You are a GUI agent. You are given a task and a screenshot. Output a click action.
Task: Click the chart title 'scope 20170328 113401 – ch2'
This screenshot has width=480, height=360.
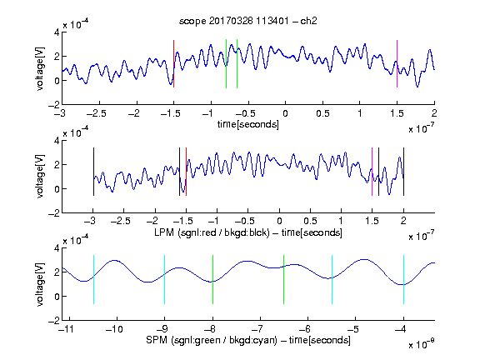[x=248, y=21]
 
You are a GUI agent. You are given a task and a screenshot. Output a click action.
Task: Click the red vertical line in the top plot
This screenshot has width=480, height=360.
[x=173, y=63]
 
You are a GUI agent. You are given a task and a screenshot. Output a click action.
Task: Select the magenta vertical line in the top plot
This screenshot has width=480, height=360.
[x=397, y=63]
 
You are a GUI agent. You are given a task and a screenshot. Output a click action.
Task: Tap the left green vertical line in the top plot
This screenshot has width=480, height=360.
[x=226, y=63]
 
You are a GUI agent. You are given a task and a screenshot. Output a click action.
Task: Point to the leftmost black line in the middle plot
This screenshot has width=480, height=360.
[x=93, y=172]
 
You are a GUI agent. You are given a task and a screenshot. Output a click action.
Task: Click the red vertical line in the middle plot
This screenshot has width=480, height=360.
[x=186, y=172]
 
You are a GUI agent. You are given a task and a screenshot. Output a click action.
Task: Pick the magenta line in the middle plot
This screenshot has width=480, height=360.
[x=372, y=172]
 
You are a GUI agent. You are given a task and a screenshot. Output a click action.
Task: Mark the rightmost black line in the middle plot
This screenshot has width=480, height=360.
[x=403, y=172]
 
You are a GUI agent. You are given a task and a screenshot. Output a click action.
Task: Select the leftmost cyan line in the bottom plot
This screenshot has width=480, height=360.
[x=93, y=279]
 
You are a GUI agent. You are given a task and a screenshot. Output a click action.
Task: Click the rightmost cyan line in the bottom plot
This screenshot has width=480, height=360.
[x=403, y=279]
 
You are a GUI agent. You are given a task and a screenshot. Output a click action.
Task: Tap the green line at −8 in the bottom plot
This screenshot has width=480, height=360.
[x=212, y=279]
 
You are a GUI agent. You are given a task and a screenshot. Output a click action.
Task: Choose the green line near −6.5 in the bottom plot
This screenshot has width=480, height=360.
[x=284, y=279]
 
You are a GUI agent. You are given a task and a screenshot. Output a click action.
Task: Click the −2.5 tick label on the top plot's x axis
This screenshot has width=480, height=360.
[x=96, y=113]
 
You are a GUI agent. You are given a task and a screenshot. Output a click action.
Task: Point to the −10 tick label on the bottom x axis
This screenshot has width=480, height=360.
[x=114, y=329]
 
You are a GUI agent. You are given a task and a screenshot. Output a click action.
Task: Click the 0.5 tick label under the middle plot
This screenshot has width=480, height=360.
[x=310, y=221]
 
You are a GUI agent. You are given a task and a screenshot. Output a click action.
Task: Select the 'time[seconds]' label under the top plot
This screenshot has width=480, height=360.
[x=248, y=124]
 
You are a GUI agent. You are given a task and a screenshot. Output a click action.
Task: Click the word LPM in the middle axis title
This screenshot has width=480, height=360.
[x=164, y=232]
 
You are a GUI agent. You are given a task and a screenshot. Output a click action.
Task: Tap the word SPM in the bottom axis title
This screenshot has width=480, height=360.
[x=157, y=340]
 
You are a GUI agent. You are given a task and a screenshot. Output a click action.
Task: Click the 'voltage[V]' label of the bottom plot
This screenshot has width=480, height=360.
[x=40, y=284]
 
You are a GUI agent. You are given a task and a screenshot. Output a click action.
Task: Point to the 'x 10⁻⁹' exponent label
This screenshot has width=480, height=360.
[x=422, y=344]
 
